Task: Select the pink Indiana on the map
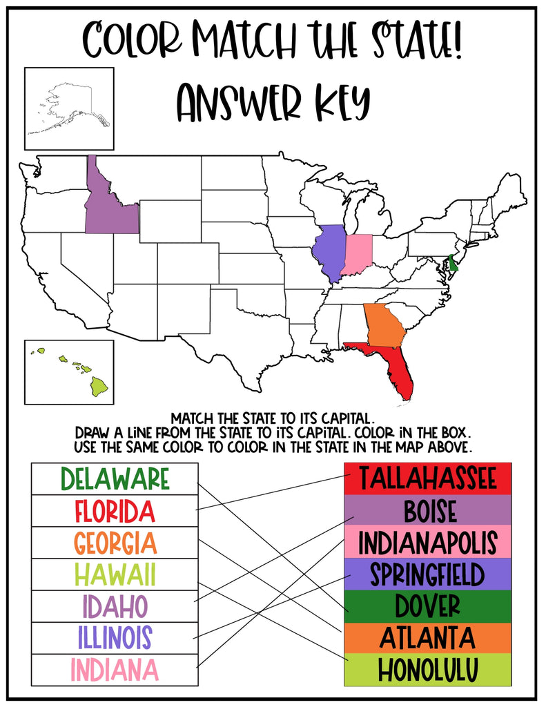pos(360,254)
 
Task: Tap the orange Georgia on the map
pos(384,325)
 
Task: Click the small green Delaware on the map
pos(453,263)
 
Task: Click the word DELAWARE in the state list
pos(115,478)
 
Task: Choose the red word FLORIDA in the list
pos(115,511)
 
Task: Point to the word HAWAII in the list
pos(115,574)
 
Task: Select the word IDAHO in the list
pos(115,606)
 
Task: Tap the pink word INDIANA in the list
pos(115,670)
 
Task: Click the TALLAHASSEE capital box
pos(427,478)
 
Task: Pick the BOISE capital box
pos(427,511)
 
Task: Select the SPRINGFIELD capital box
pos(427,574)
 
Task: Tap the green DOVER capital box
pos(427,606)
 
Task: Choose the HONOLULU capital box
pos(427,670)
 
